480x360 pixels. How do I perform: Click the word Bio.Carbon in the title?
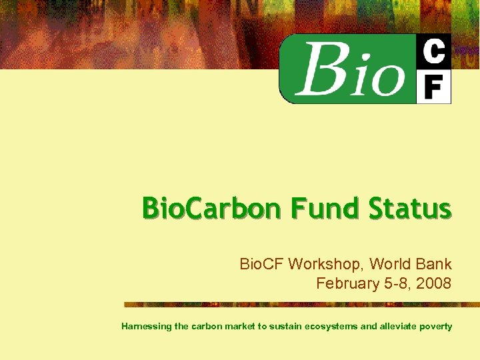coord(211,209)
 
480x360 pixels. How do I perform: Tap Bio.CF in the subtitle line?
coord(262,264)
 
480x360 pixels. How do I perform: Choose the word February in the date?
coord(347,283)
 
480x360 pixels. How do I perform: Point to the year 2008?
coord(434,283)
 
